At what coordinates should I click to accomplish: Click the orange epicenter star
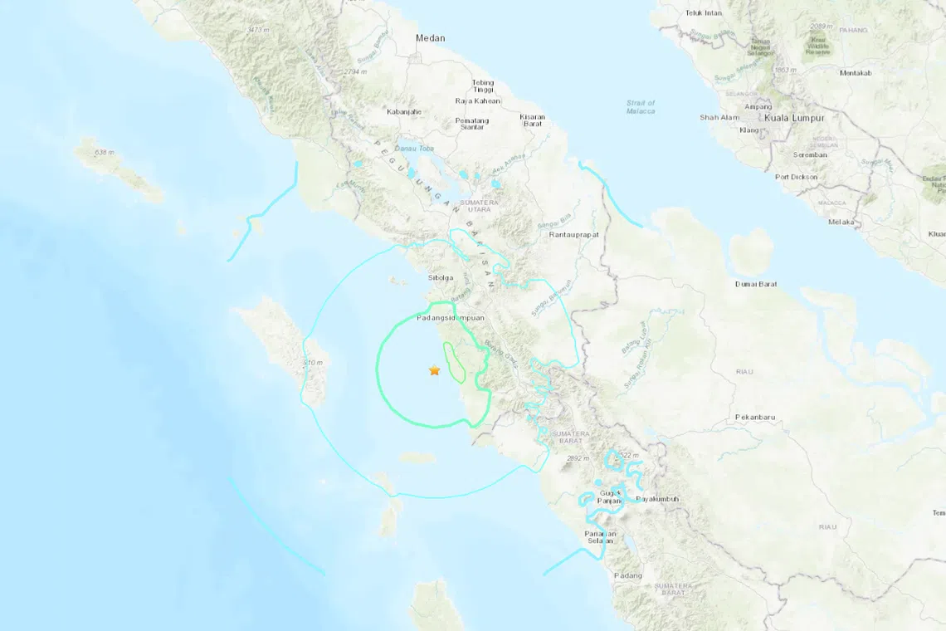434,370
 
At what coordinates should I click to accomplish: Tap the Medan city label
431,38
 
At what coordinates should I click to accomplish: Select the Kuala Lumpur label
794,118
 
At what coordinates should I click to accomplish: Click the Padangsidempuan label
450,318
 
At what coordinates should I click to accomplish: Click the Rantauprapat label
573,235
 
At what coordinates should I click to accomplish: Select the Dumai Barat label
756,284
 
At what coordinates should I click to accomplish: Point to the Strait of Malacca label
641,106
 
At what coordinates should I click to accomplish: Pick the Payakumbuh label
657,499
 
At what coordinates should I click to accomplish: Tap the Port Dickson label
796,177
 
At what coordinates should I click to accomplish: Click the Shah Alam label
719,118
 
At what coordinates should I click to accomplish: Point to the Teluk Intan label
704,13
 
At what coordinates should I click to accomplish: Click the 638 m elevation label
105,153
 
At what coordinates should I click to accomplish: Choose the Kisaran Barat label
533,120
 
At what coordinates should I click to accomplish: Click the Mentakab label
856,73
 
